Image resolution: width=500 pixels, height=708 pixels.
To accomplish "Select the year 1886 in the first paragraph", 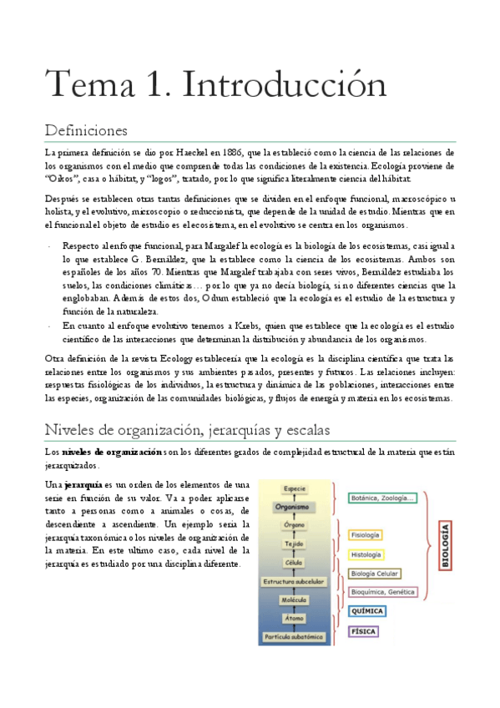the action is pyautogui.click(x=225, y=153).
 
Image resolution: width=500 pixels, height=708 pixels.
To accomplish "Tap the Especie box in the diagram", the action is pyautogui.click(x=295, y=488).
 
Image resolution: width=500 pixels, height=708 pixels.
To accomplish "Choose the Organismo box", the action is pyautogui.click(x=295, y=506).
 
